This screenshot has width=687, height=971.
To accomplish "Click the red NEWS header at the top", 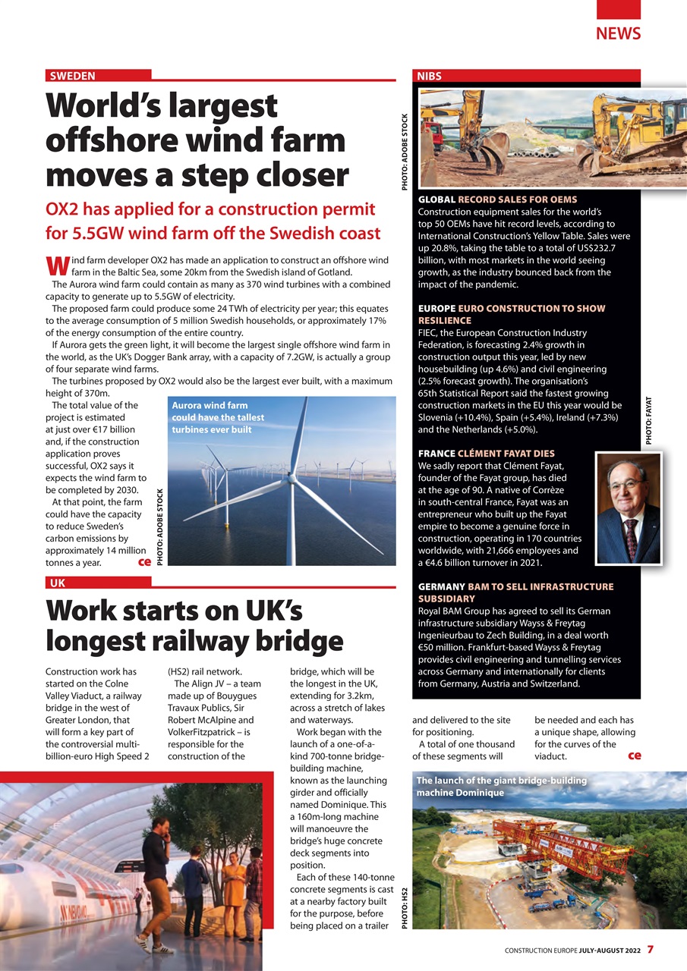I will click(618, 33).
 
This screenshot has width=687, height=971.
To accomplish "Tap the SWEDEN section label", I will click(73, 76).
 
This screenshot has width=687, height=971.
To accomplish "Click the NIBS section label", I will click(429, 76).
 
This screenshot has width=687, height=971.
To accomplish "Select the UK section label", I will click(57, 583).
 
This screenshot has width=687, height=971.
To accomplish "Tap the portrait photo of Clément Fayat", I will click(628, 507).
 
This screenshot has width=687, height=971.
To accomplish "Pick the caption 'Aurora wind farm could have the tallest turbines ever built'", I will click(219, 417).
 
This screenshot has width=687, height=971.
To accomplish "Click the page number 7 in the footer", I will click(650, 949).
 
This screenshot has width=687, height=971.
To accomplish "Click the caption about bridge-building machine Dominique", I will click(501, 786).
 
